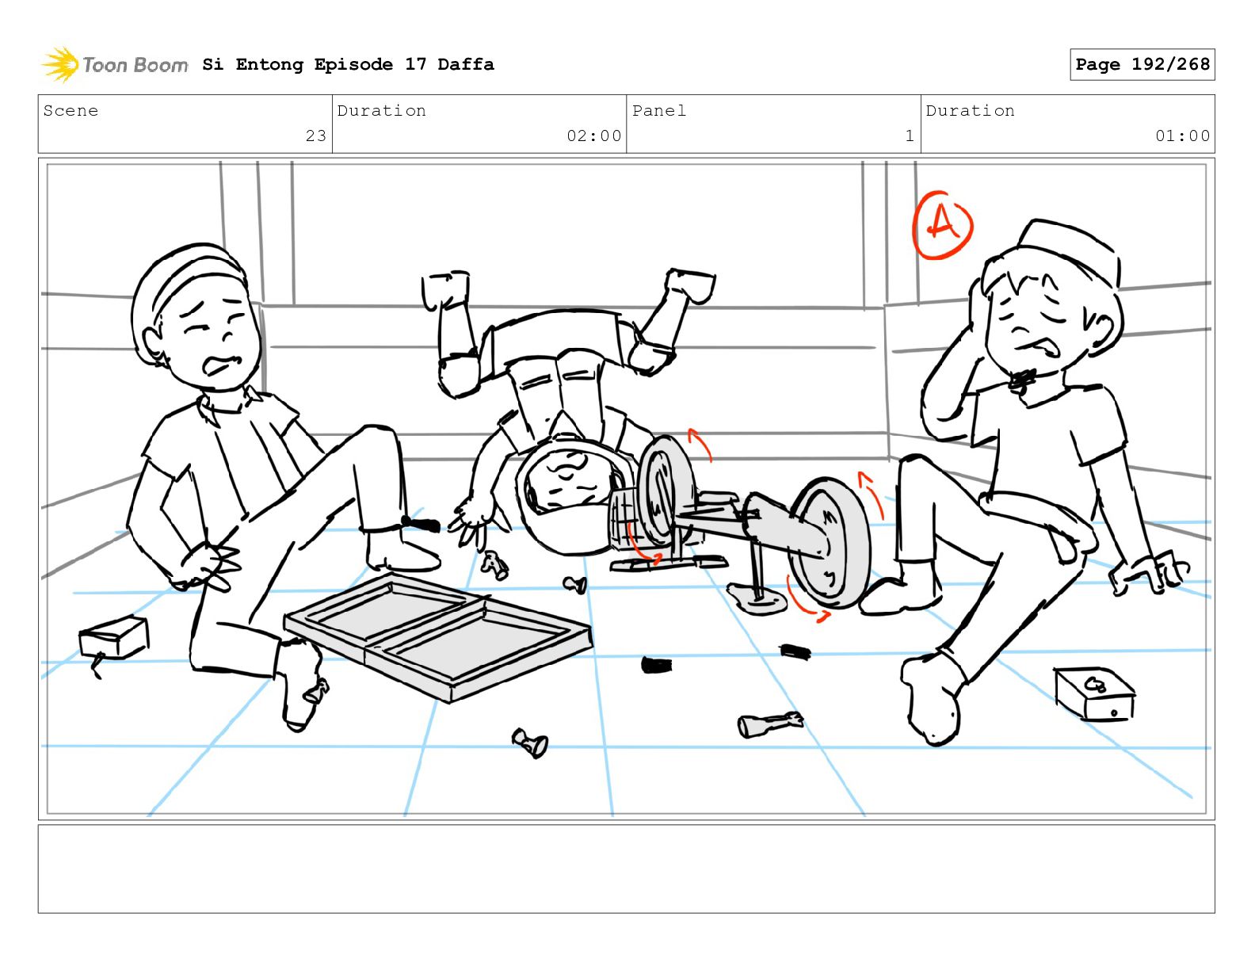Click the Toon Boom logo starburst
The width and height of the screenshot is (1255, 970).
[x=60, y=63]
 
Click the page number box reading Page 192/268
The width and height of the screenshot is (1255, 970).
[x=1142, y=64]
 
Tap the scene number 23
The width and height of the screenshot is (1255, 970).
[x=315, y=136]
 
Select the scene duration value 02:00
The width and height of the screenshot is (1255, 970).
[x=593, y=136]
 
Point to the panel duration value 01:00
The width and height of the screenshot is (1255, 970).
[x=1182, y=136]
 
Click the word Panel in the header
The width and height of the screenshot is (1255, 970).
[x=659, y=110]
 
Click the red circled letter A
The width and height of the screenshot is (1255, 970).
[x=943, y=225]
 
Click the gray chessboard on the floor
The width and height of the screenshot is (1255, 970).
[x=438, y=636]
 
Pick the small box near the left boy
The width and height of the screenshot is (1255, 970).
[x=114, y=638]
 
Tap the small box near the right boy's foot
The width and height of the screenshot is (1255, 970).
[x=1094, y=693]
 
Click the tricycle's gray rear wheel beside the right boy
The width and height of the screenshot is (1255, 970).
[x=830, y=543]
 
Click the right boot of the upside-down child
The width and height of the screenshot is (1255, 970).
[x=691, y=285]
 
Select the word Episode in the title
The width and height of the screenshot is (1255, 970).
[x=353, y=64]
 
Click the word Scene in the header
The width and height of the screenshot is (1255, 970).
[x=71, y=110]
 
